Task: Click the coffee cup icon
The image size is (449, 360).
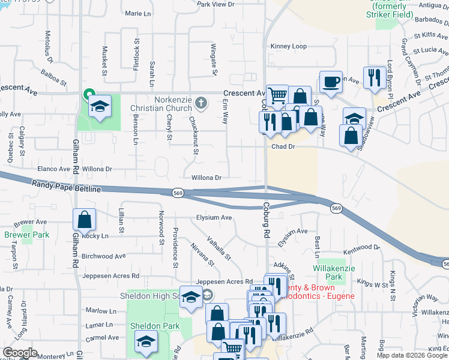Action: click(x=330, y=82)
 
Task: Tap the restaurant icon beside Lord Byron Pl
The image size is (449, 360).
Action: click(x=375, y=77)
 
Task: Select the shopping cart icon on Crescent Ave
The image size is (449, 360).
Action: click(x=277, y=95)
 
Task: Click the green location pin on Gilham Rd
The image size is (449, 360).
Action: click(x=88, y=94)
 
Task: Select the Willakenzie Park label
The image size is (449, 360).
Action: click(x=327, y=272)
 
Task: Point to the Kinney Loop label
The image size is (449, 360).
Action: click(x=288, y=46)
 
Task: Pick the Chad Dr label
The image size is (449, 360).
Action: click(x=283, y=146)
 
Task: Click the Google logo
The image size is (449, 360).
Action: click(x=20, y=353)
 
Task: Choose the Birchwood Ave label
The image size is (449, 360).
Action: click(x=104, y=256)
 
